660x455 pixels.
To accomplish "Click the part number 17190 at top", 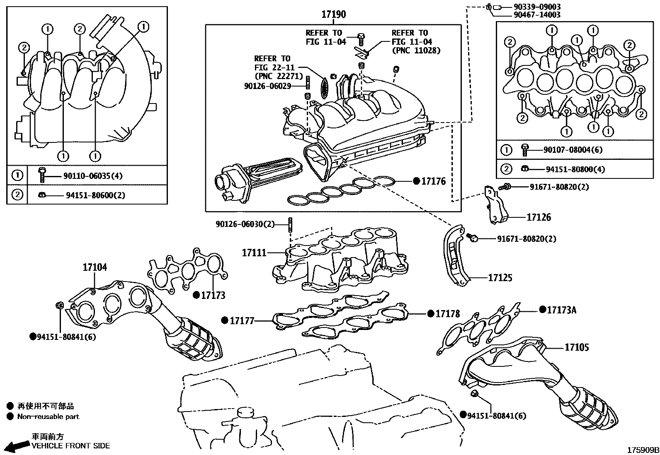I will [x=333, y=15].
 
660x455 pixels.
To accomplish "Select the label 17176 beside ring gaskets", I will [x=433, y=181].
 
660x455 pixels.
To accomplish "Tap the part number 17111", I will [x=254, y=253].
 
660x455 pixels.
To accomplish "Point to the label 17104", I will [x=95, y=267].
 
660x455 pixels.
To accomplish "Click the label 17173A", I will [x=562, y=310].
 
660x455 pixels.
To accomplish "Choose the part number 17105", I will [x=576, y=347].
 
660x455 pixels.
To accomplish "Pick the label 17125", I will [x=500, y=278].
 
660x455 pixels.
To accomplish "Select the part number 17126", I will [x=539, y=217].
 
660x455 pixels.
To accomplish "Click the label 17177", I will [x=242, y=320].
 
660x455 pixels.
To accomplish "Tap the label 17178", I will [x=447, y=314].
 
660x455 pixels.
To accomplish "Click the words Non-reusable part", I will [x=48, y=417].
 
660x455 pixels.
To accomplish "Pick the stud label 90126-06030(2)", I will [x=245, y=224].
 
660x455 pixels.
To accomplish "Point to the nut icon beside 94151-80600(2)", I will [x=42, y=195].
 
